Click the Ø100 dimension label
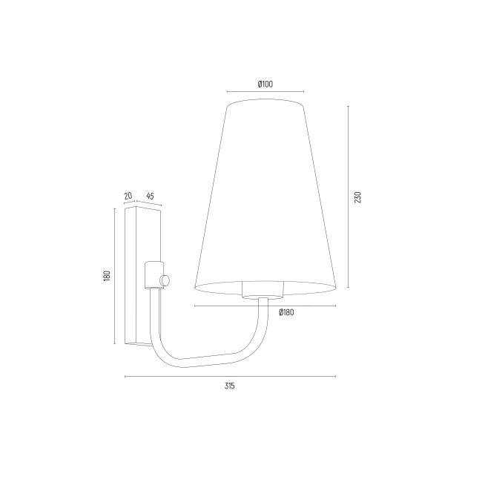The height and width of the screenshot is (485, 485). [265, 84]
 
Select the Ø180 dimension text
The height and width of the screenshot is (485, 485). [286, 312]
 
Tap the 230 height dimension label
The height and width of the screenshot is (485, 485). [357, 197]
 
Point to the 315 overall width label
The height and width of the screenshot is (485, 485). [230, 386]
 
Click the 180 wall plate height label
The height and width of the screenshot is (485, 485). [107, 276]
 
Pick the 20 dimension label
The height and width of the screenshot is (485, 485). [128, 196]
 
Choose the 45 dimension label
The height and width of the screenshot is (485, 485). [150, 196]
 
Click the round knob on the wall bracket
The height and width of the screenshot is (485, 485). [165, 280]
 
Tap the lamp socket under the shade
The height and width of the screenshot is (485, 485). [263, 290]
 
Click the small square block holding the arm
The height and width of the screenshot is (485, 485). [154, 275]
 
